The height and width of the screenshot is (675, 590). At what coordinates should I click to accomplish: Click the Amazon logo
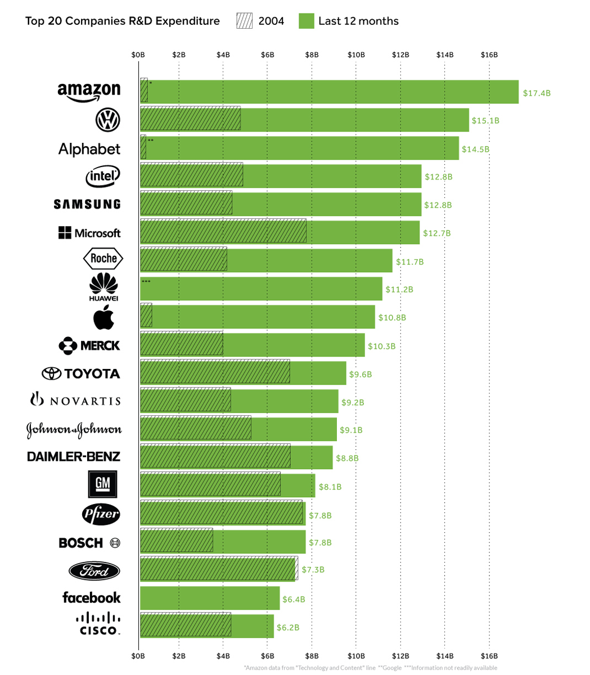tap(89, 92)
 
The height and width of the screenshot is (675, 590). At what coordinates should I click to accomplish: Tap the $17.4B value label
tap(537, 92)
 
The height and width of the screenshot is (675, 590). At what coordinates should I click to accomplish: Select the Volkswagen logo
tap(108, 120)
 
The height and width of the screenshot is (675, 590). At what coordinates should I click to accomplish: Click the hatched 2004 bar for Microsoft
tap(223, 232)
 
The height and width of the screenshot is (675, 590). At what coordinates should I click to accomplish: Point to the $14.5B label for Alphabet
tap(475, 149)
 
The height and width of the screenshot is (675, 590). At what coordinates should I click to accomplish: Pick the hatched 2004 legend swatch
tap(245, 21)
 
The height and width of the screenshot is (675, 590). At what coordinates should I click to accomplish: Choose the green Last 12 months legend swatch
tap(307, 21)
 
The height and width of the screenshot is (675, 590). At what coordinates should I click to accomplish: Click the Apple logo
tap(104, 317)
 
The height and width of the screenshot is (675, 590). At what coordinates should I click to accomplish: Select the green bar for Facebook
tap(209, 598)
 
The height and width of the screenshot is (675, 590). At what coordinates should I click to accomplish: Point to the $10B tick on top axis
tap(356, 55)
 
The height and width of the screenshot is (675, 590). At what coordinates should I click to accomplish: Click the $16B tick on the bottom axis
tap(489, 656)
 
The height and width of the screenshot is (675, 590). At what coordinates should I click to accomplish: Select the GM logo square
tap(102, 484)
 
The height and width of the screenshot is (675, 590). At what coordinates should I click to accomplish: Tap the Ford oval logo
tap(94, 571)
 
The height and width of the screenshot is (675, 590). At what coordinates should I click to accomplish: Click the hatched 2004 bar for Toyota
tap(215, 372)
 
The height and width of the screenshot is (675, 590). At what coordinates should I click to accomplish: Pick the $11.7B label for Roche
tap(409, 262)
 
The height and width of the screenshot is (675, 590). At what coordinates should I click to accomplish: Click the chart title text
tap(123, 21)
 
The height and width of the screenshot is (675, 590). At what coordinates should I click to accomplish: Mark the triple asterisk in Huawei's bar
tap(146, 281)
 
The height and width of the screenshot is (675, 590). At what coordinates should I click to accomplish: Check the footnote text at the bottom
tap(371, 668)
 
